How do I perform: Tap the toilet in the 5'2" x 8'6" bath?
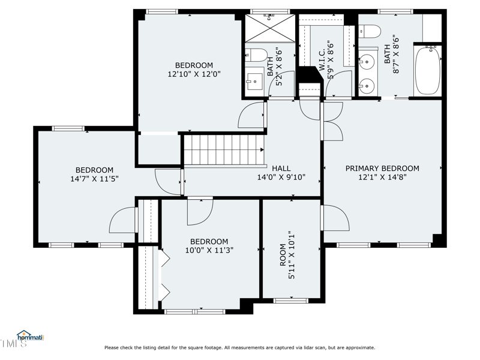click(x=257, y=55)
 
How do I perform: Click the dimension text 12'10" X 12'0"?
click(x=194, y=75)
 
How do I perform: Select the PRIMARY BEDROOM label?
click(x=382, y=169)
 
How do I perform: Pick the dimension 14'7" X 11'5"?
click(x=94, y=179)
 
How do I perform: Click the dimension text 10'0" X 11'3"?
click(x=209, y=250)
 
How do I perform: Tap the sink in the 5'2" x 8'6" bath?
click(x=255, y=80)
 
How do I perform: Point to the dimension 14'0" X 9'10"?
click(x=281, y=178)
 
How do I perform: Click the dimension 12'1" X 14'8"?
click(x=382, y=178)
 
